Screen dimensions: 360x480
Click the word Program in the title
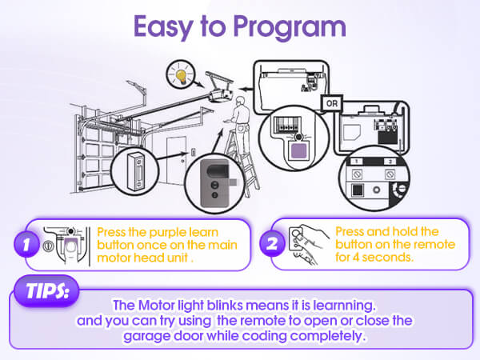click(292, 27)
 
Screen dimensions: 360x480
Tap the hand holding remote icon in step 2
click(308, 242)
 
